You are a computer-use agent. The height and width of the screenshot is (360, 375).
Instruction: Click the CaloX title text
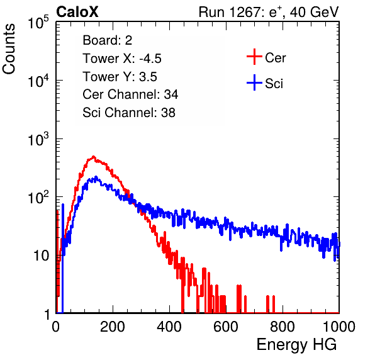point(77,12)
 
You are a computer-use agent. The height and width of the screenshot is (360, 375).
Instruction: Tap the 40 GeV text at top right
point(314,12)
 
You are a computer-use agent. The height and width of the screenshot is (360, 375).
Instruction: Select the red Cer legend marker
point(254,57)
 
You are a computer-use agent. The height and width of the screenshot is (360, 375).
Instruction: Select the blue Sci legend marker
point(254,82)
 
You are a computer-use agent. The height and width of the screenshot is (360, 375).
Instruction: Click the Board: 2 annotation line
point(108,40)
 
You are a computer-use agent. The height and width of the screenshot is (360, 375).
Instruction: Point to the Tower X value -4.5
point(150,59)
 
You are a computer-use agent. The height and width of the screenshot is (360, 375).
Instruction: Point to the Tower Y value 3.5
point(148,77)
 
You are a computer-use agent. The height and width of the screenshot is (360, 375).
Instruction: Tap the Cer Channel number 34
point(171,94)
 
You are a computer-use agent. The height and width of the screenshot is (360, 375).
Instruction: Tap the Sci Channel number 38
point(168,113)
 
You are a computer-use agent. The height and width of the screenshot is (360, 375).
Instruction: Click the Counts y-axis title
point(9,49)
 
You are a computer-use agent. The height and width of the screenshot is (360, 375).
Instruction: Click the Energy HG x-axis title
point(296,345)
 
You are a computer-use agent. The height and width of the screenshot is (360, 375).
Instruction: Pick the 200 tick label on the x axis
point(113,327)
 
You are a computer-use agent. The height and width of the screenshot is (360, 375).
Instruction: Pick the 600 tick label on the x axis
point(226,327)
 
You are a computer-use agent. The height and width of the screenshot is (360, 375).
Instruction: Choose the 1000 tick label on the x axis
point(339,327)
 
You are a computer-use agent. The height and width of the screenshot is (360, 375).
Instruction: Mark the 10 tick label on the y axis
point(42,256)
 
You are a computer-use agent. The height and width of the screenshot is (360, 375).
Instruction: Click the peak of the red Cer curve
point(94,157)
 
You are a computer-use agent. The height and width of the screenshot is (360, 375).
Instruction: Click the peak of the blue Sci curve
point(96,177)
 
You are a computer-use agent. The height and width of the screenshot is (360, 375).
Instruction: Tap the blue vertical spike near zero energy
point(63,258)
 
